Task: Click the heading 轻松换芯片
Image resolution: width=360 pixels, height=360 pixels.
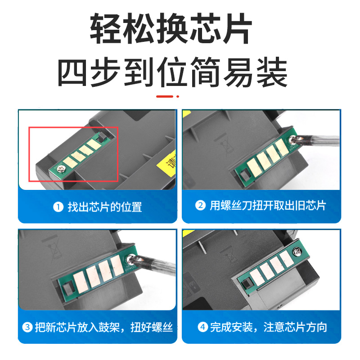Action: [x=180, y=28]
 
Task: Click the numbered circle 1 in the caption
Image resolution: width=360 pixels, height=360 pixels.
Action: [x=58, y=207]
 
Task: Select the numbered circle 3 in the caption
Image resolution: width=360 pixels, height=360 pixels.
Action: [x=28, y=327]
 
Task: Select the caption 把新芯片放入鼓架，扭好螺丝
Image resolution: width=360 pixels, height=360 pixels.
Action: [x=103, y=327]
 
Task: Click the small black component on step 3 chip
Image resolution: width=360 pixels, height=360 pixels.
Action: [x=66, y=288]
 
